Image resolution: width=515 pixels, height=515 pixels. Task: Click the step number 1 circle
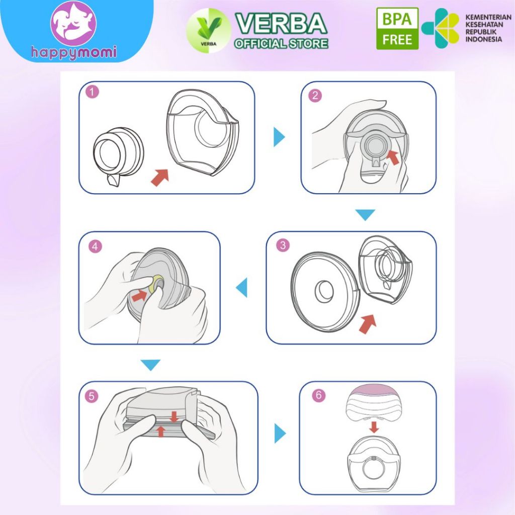[x=93, y=92]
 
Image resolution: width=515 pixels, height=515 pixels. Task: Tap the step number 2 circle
[x=315, y=95]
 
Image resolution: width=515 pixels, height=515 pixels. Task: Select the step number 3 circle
[x=283, y=245]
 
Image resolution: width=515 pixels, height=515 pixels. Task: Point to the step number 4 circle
[x=95, y=246]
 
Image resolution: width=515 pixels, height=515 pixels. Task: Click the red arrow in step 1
[x=160, y=178]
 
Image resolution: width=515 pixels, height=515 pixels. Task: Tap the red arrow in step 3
[x=368, y=323]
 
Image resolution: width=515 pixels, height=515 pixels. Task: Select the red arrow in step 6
[x=374, y=427]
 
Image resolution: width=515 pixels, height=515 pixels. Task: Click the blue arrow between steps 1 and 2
[x=279, y=137]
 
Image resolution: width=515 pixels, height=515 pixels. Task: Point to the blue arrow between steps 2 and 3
[x=365, y=215]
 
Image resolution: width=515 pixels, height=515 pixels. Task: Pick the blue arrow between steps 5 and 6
[x=280, y=433]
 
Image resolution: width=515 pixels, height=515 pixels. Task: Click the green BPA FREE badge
[x=397, y=29]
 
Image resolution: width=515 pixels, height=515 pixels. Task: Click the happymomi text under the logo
[x=74, y=53]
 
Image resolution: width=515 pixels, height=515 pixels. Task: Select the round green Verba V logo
[x=209, y=31]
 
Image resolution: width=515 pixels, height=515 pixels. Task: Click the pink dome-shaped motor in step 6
[x=373, y=404]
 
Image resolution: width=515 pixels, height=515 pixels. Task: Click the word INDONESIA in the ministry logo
[x=483, y=39]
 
